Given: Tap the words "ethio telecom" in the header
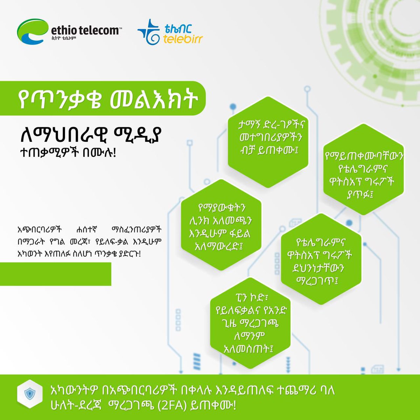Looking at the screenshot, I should (84, 30).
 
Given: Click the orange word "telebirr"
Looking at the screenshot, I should (183, 38).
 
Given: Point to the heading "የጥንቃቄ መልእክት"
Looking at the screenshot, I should (108, 100).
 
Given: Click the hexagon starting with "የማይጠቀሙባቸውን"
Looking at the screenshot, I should (363, 175).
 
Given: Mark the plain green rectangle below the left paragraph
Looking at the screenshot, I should (55, 274).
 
